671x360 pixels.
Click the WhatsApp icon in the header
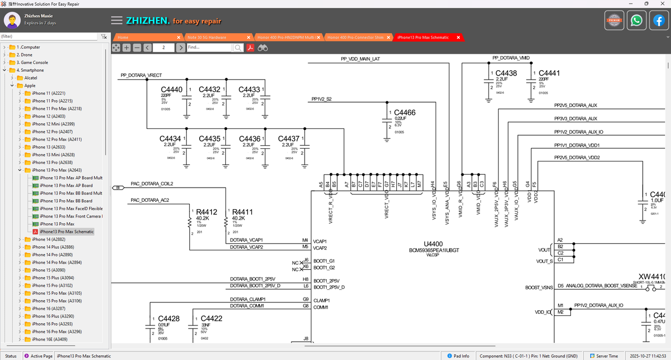636,20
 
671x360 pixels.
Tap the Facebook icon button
658,20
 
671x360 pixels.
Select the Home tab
123,37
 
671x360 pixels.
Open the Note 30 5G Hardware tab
207,37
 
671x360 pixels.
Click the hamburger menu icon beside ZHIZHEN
116,20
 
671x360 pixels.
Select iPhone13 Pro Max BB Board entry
66,201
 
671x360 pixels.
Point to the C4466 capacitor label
405,113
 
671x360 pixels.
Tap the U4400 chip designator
434,244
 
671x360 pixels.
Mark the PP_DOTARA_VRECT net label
141,75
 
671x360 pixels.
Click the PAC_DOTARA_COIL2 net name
151,184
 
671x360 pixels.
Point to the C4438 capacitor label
506,73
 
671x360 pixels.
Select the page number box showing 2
164,48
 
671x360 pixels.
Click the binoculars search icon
263,48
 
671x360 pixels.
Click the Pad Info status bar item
461,356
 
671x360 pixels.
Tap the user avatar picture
13,20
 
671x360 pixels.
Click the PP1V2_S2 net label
321,99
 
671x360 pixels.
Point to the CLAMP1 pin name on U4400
321,300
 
